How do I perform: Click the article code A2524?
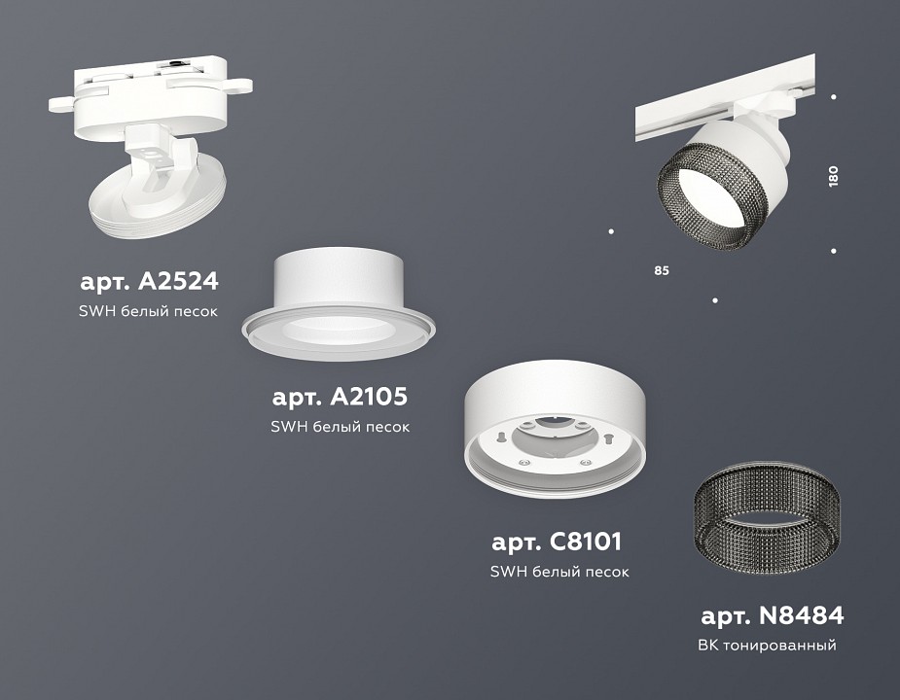point(149,282)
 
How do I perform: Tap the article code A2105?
point(340,397)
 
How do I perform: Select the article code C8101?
point(558,542)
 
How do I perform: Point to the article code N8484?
point(772,615)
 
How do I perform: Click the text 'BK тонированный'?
point(767,646)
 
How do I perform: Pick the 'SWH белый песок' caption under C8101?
point(559,572)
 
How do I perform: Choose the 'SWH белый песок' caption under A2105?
point(341,427)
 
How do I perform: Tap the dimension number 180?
point(833,176)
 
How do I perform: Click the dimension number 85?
point(662,270)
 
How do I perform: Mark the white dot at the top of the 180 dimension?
point(834,96)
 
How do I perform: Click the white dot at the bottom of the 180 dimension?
point(834,251)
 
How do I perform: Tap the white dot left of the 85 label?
point(611,231)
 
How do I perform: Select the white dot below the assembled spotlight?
point(715,300)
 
